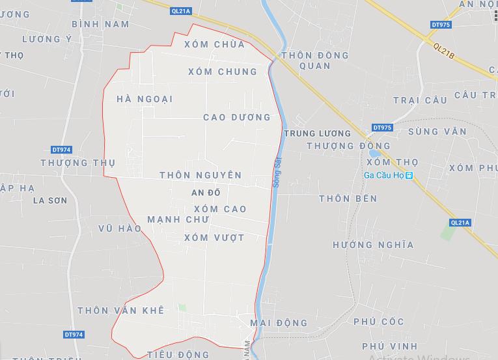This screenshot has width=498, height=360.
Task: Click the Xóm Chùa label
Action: pyautogui.click(x=214, y=44)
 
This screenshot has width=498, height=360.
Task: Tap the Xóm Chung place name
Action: pyautogui.click(x=222, y=72)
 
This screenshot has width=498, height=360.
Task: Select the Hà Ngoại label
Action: pyautogui.click(x=145, y=99)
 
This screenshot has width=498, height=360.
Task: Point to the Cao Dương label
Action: pyautogui.click(x=236, y=118)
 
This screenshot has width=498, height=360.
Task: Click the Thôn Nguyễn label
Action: pyautogui.click(x=200, y=175)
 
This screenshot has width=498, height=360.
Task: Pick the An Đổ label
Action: pyautogui.click(x=206, y=193)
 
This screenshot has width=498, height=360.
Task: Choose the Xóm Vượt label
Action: pyautogui.click(x=214, y=238)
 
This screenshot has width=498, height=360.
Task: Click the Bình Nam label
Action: pyautogui.click(x=100, y=24)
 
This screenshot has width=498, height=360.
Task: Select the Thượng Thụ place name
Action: pyautogui.click(x=77, y=163)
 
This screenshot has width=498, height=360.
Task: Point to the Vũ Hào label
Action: pyautogui.click(x=120, y=228)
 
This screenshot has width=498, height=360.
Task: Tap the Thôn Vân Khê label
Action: pyautogui.click(x=120, y=310)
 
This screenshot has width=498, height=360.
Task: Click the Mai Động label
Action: pyautogui.click(x=278, y=322)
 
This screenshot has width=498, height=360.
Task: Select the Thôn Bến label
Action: pyautogui.click(x=348, y=199)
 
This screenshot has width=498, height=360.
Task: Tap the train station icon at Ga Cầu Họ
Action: pyautogui.click(x=409, y=176)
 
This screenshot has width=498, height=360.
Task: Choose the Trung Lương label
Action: pyautogui.click(x=317, y=133)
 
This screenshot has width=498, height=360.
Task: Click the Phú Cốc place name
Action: pyautogui.click(x=379, y=322)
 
